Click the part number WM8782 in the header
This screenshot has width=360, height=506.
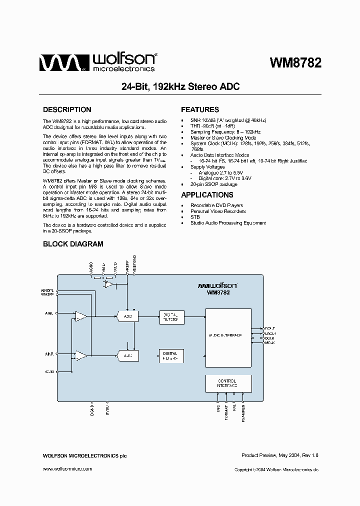click(295, 63)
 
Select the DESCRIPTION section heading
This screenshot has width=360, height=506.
click(67, 109)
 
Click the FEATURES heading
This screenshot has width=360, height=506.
click(200, 109)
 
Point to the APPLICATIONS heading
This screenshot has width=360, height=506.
click(207, 195)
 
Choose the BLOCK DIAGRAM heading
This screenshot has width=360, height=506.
click(73, 244)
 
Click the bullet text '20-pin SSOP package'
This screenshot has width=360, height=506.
click(214, 184)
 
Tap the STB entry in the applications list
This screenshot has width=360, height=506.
click(195, 217)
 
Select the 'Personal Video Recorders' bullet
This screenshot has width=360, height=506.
click(217, 211)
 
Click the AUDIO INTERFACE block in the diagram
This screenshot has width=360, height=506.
click(228, 335)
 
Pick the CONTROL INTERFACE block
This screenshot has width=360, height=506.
click(228, 383)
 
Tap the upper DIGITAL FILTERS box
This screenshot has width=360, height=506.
click(170, 317)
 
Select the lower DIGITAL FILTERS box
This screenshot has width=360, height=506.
click(170, 355)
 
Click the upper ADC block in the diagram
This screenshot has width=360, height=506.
click(127, 316)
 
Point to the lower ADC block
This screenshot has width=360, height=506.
click(127, 355)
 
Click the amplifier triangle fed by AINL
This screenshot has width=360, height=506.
click(80, 316)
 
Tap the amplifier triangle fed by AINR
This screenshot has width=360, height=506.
click(80, 355)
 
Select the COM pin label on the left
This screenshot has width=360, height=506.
click(49, 371)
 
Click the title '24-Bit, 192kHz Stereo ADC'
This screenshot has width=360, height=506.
click(180, 86)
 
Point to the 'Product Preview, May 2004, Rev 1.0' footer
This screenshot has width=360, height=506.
click(279, 455)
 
